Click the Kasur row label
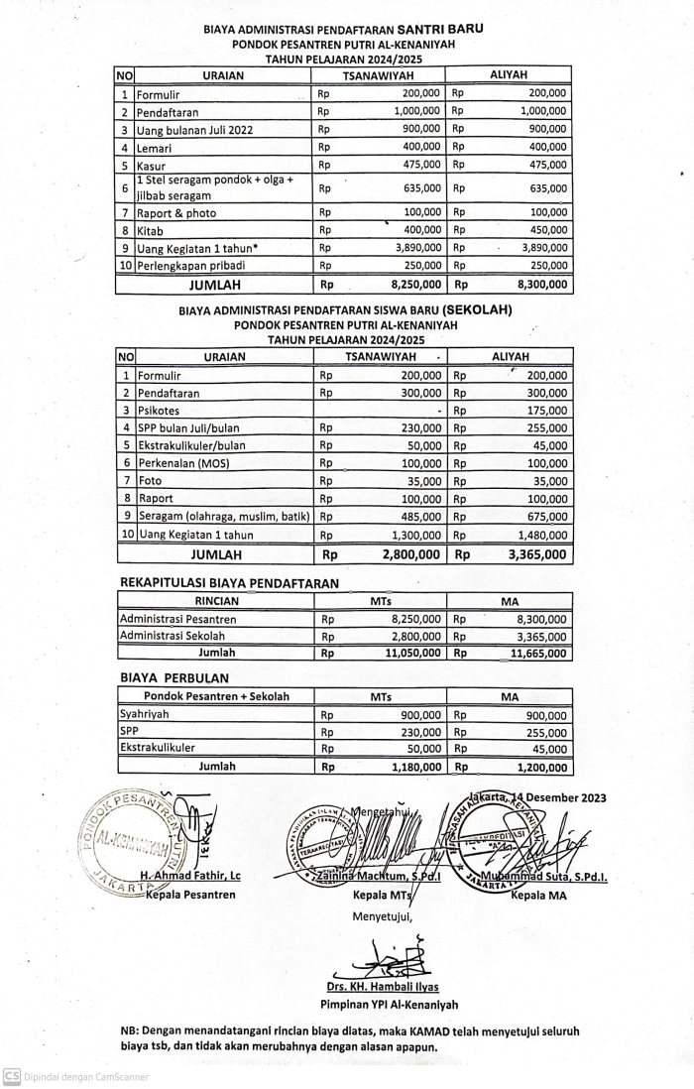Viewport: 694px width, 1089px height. click(x=152, y=166)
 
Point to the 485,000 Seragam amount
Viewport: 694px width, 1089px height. click(x=420, y=517)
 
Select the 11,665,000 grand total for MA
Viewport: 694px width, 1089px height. click(x=537, y=654)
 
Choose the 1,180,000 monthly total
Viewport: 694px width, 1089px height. click(x=411, y=767)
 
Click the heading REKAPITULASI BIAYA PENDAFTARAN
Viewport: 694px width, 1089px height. click(x=229, y=583)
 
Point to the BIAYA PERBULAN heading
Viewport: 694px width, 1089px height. click(x=174, y=678)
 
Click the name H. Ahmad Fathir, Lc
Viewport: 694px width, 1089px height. click(x=190, y=876)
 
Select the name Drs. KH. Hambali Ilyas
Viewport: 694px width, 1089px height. click(x=383, y=987)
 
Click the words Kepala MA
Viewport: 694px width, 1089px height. click(x=539, y=896)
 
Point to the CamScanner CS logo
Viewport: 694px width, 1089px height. click(x=12, y=1076)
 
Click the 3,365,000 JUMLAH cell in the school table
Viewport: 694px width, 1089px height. click(x=537, y=555)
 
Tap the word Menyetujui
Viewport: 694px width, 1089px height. click(x=382, y=915)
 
